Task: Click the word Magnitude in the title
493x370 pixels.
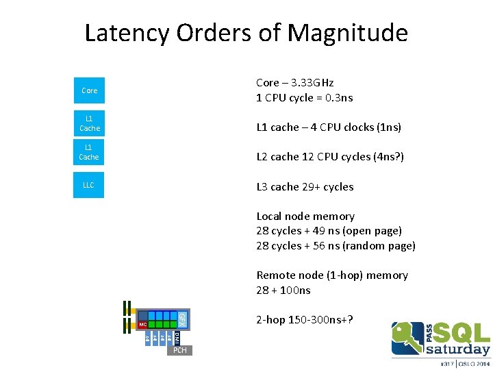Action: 348,33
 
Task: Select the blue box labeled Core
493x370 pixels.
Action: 89,90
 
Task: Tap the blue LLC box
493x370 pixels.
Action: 89,185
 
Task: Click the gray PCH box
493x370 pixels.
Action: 179,351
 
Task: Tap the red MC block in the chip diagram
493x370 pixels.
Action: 142,324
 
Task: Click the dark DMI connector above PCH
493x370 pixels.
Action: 177,337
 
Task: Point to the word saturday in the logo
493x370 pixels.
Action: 458,349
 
